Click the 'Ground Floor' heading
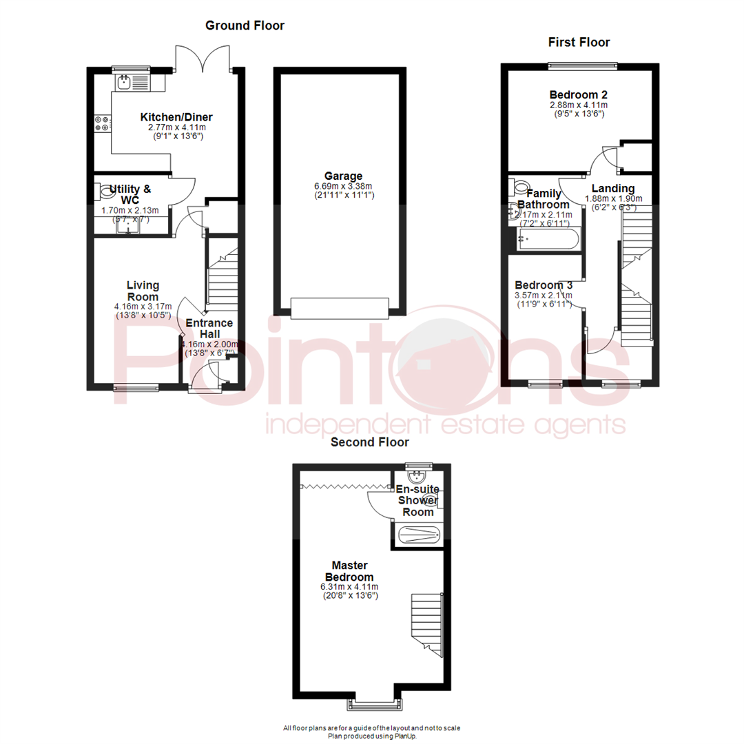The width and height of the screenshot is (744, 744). tap(245, 25)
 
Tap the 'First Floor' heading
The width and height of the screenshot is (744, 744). tap(579, 43)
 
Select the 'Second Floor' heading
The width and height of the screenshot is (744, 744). tap(370, 442)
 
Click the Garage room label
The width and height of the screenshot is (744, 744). tap(345, 176)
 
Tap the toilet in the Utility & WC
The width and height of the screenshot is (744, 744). tap(107, 190)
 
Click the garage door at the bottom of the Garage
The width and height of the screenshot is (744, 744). tap(340, 308)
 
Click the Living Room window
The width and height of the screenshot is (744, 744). tap(135, 387)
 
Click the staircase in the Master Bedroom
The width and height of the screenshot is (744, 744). tap(426, 623)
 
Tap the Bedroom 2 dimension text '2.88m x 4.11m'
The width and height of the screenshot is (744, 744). tap(578, 105)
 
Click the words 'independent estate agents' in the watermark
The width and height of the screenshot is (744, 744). tap(445, 424)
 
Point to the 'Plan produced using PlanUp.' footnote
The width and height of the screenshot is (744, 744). tap(372, 736)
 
